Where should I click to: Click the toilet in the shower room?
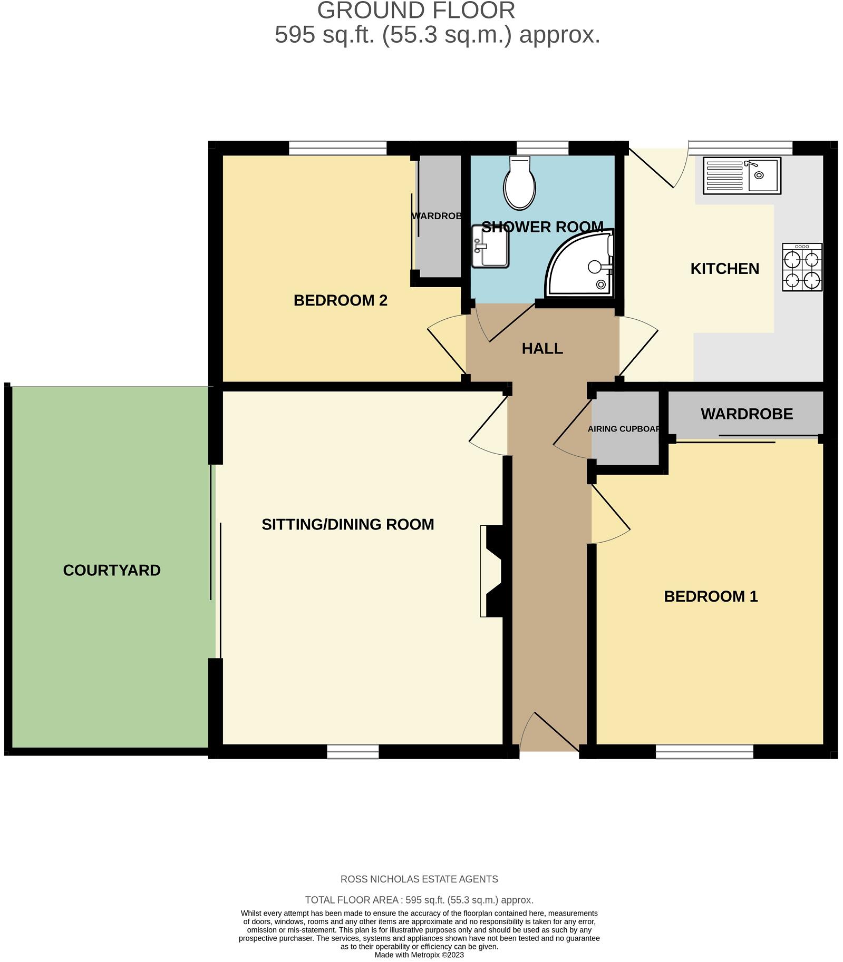tap(519, 183)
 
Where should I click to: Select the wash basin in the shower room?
tap(490, 246)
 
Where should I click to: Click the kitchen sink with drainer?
tap(741, 175)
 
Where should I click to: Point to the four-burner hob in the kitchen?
tap(802, 267)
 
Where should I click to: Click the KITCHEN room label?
tap(724, 269)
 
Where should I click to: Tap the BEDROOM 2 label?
tap(340, 300)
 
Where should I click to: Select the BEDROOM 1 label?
tap(710, 596)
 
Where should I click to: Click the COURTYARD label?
tap(112, 570)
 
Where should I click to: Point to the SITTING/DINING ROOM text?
tap(347, 524)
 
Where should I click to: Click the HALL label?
tap(542, 348)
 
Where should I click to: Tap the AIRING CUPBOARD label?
tap(624, 429)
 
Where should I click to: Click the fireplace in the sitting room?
tap(492, 571)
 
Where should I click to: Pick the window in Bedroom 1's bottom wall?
tap(704, 751)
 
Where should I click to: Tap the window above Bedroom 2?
tap(337, 148)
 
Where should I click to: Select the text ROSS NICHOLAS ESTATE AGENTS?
tap(419, 879)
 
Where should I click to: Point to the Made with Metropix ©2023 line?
tap(419, 955)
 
